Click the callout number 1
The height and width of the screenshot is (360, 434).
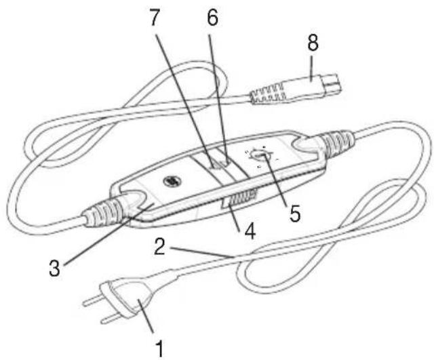pyautogui.click(x=160, y=349)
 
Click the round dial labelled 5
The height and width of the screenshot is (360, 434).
pyautogui.click(x=260, y=157)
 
